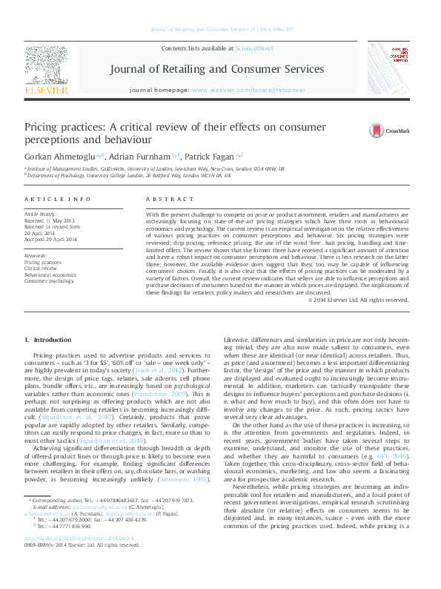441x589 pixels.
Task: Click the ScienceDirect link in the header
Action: click(x=254, y=48)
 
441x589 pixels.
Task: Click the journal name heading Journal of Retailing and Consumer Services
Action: click(x=216, y=70)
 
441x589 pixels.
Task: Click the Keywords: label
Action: click(x=36, y=256)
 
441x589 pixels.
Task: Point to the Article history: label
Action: click(x=42, y=214)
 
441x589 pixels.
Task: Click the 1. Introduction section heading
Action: click(x=48, y=340)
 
